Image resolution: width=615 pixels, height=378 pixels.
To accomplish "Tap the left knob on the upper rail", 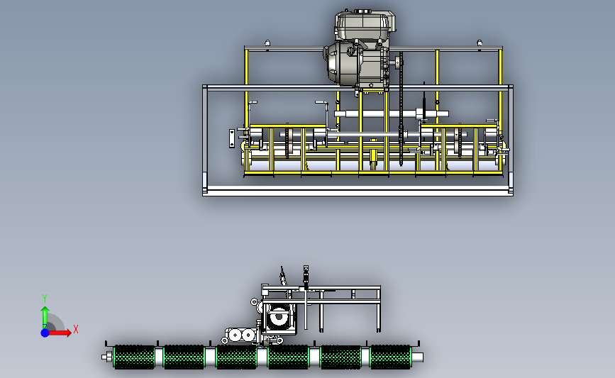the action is coord(267,43).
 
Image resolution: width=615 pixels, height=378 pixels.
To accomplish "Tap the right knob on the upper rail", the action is coord(480,43).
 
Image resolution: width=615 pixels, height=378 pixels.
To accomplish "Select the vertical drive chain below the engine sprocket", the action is coord(401,109).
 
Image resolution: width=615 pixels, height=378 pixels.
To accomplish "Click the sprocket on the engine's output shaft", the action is coord(399,62).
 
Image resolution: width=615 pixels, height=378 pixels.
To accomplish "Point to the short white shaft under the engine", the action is coord(392,114).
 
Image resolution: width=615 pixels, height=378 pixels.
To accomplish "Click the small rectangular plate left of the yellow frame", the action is coord(232,138).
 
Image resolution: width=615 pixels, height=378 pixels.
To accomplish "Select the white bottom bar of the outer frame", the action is coord(358,191).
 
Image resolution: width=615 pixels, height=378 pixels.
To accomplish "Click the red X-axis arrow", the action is coord(60,333).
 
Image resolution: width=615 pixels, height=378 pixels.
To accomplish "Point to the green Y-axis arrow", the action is coord(45,318).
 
